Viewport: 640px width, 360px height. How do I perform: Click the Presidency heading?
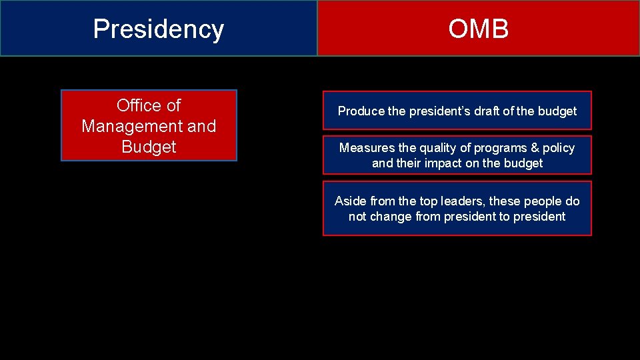[x=158, y=29]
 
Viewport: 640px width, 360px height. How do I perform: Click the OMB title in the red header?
[x=478, y=29]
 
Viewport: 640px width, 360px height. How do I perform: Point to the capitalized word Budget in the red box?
[x=149, y=147]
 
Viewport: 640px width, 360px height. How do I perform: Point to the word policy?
[x=558, y=148]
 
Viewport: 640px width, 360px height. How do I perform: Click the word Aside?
[x=351, y=201]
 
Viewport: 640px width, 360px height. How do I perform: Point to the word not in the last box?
[x=358, y=217]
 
